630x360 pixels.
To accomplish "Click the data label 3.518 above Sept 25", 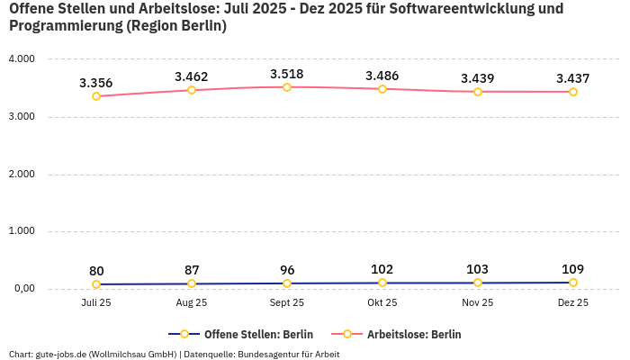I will point(287,74).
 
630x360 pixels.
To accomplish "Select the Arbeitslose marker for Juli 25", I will point(96,96).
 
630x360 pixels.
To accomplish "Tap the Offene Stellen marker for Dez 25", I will point(573,283).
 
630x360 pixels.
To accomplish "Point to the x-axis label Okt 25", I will point(382,303).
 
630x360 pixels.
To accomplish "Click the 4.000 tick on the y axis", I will point(21,59).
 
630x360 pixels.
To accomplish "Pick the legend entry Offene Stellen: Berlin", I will point(240,334).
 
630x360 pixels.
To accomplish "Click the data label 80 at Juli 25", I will point(96,271).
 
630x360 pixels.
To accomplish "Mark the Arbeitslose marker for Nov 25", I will point(478,92).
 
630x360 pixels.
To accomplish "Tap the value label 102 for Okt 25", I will point(382,269).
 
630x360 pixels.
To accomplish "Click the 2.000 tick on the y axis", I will point(21,174).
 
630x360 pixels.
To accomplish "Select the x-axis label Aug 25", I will point(192,303).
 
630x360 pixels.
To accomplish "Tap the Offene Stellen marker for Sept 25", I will point(287,283).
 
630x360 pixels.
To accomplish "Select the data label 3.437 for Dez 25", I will point(573,78).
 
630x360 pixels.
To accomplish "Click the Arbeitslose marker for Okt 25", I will point(382,89).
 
